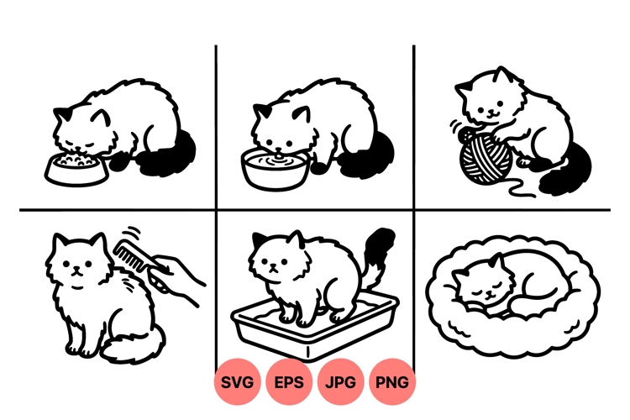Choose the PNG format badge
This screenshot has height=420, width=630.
(392, 382)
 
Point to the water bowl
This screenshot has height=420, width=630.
(273, 166)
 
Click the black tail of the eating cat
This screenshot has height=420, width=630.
(172, 155)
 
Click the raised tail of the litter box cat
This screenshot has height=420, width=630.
(378, 252)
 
